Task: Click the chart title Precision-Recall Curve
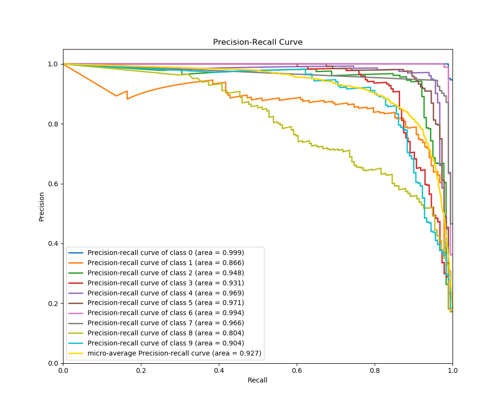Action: point(258,42)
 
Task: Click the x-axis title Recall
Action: point(257,380)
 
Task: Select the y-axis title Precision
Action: point(41,206)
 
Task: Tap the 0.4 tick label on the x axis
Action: point(218,371)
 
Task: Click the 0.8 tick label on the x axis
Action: point(374,371)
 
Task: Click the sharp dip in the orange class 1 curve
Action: point(116,96)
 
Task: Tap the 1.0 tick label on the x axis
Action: point(452,371)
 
